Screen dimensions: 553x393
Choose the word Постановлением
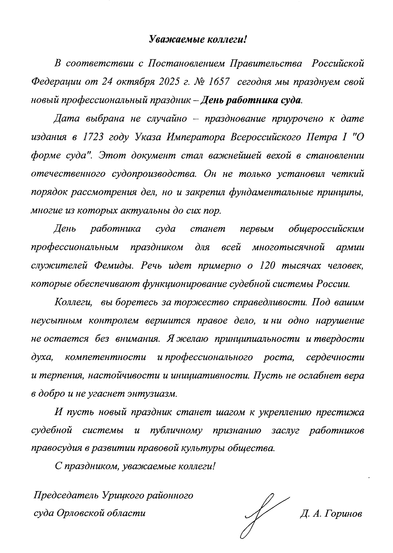coord(184,63)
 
